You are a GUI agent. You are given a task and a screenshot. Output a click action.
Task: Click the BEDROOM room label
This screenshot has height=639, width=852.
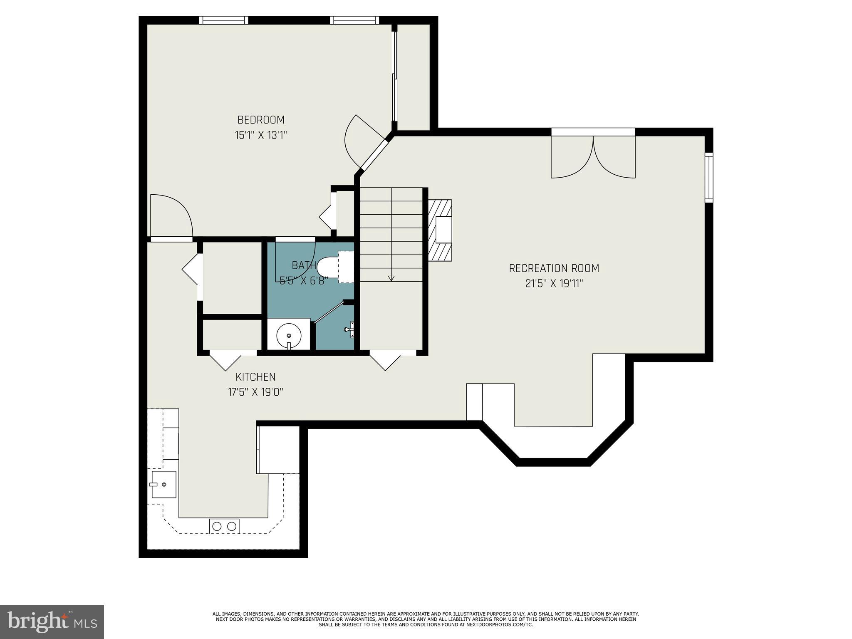pyautogui.click(x=261, y=120)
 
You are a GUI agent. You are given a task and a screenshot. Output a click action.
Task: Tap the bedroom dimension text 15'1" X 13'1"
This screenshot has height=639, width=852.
pyautogui.click(x=261, y=135)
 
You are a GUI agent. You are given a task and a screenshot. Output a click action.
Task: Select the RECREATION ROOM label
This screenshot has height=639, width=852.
pyautogui.click(x=554, y=268)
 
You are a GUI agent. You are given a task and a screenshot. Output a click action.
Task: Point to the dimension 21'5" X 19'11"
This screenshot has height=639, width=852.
pyautogui.click(x=554, y=284)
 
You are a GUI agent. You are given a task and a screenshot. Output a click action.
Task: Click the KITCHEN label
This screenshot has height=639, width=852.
pyautogui.click(x=255, y=377)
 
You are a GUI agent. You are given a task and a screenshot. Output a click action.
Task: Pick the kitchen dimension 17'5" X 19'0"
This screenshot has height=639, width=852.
pyautogui.click(x=255, y=392)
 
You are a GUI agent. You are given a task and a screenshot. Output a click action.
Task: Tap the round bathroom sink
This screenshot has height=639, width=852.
pyautogui.click(x=289, y=334)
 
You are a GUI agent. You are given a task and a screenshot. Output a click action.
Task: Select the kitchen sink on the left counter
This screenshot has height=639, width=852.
pyautogui.click(x=163, y=484)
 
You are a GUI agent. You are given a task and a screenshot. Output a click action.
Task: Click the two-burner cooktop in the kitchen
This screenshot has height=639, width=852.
pyautogui.click(x=224, y=526)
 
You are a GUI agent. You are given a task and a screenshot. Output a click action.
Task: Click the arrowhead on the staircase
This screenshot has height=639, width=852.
pyautogui.click(x=391, y=278)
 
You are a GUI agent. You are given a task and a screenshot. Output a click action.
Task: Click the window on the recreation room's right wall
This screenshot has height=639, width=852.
pyautogui.click(x=709, y=178)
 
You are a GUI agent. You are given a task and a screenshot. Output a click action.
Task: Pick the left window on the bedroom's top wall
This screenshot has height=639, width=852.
pyautogui.click(x=223, y=20)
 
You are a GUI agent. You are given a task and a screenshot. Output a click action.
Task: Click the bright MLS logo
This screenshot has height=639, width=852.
pyautogui.click(x=52, y=622)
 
